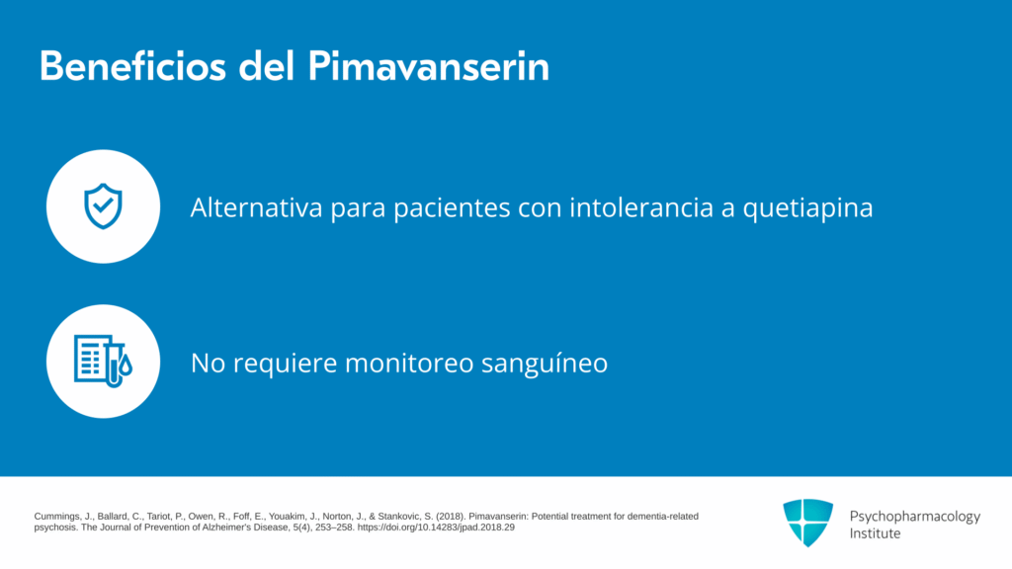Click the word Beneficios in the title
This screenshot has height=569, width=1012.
133,66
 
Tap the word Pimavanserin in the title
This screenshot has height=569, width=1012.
429,66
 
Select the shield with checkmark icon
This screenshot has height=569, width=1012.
103,206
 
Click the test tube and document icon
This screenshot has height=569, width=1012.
103,362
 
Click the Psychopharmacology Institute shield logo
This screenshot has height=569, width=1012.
808,523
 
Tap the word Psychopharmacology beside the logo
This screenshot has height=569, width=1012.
914,517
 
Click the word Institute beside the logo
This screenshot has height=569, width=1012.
875,533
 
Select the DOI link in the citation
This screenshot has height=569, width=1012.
436,528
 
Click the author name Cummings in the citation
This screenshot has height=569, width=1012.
56,517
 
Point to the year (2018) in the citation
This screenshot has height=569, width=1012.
451,517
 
